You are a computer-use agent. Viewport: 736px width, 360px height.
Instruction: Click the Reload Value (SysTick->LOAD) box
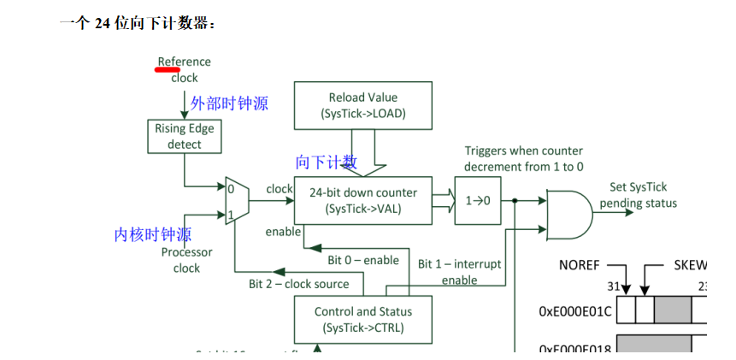[x=363, y=106]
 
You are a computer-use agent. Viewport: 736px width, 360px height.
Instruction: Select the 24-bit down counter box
[x=363, y=200]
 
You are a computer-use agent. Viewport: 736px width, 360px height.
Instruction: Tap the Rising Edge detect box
[x=184, y=137]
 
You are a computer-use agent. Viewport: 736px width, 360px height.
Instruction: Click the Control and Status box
[x=363, y=320]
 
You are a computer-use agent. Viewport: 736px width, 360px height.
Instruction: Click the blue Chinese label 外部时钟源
[x=229, y=103]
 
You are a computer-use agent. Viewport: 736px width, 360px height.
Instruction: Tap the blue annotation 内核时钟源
[x=153, y=234]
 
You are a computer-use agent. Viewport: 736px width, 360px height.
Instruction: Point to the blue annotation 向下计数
[x=327, y=162]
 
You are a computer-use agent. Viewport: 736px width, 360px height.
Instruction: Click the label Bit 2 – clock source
[x=298, y=284]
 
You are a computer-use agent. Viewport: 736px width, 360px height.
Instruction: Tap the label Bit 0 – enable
[x=363, y=260]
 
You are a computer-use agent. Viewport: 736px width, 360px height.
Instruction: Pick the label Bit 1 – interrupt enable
[x=459, y=272]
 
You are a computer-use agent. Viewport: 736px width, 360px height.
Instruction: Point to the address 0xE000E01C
[x=575, y=311]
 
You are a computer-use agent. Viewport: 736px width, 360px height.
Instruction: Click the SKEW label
[x=691, y=265]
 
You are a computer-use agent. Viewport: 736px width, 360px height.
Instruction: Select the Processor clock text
[x=186, y=260]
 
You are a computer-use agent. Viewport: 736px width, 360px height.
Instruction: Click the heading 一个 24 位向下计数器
[x=138, y=23]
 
